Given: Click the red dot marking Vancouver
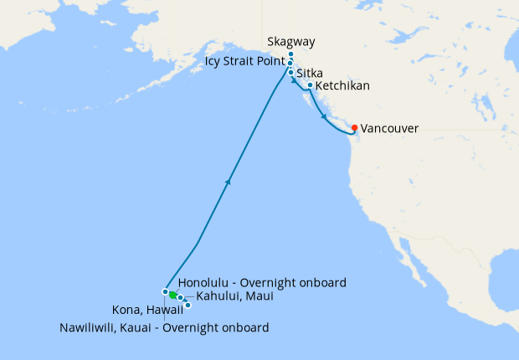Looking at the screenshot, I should [x=355, y=127].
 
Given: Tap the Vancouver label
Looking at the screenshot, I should [x=389, y=129].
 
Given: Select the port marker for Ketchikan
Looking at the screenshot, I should [x=310, y=85].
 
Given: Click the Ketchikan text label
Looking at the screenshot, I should [x=342, y=85].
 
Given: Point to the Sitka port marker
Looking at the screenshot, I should [x=290, y=73].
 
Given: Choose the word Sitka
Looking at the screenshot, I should [x=311, y=74].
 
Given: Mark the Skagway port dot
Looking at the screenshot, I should [x=290, y=54].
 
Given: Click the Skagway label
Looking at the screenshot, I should [x=290, y=42].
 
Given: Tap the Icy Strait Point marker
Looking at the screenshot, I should [x=290, y=64].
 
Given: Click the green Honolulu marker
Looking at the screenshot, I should [x=172, y=295].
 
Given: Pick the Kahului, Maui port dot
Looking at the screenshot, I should [x=180, y=297].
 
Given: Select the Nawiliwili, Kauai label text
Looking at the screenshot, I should [x=164, y=327].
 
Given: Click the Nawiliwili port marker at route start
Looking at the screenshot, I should [x=166, y=291].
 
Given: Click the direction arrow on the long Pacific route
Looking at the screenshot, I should [x=229, y=181].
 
